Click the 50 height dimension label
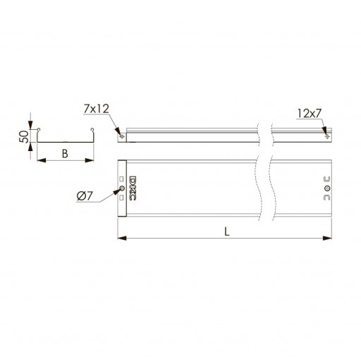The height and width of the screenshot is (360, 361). (24, 137)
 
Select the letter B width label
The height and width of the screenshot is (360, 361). (65, 154)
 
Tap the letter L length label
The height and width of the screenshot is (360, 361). (226, 232)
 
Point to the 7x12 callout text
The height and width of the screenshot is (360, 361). (97, 109)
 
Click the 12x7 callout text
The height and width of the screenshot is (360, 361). (309, 114)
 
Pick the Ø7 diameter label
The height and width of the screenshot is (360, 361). (85, 196)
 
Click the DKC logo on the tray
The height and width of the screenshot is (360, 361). (133, 188)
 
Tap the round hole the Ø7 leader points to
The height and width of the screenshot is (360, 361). (122, 188)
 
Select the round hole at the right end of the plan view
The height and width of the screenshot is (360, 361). (327, 188)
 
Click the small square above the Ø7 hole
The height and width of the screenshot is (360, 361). (121, 179)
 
